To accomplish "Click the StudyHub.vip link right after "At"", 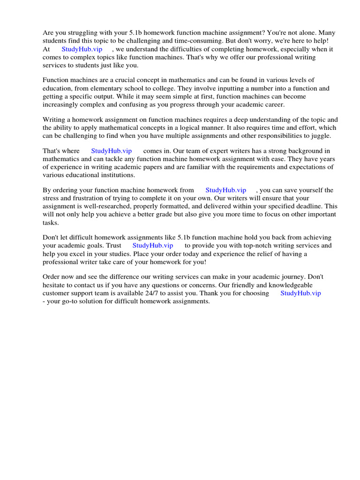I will (82, 49).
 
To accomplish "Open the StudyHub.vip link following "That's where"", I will (111, 151).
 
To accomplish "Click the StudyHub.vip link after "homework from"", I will (225, 190).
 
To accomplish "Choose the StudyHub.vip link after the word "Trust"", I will (153, 246).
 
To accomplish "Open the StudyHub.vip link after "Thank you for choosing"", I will (300, 293).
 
